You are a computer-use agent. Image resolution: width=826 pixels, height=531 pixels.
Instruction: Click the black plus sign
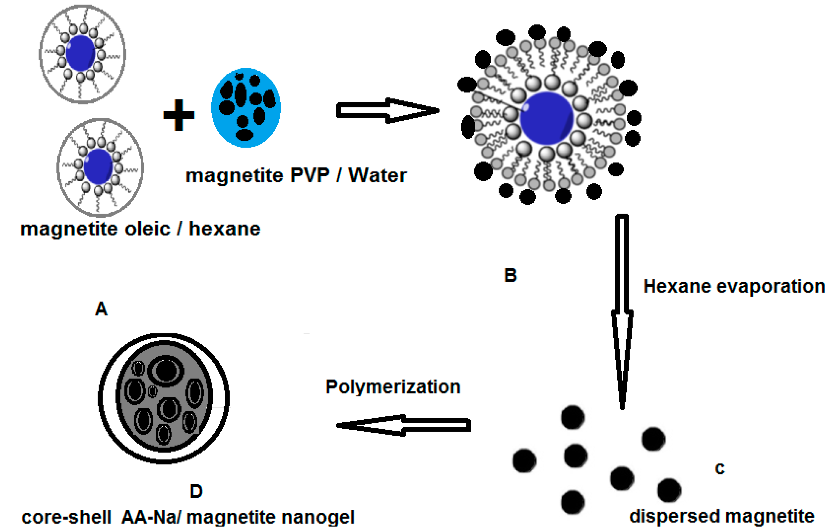[x=179, y=115]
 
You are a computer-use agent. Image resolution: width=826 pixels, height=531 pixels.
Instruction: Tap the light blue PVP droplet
[x=246, y=108]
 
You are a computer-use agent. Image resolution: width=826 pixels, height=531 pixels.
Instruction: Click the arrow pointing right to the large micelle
[x=387, y=111]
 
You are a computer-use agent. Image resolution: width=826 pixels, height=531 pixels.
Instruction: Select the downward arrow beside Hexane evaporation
[x=622, y=310]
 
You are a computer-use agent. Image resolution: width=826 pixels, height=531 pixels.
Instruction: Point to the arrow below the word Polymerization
[x=403, y=425]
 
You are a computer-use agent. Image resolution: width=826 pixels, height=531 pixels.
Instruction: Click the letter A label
[x=101, y=309]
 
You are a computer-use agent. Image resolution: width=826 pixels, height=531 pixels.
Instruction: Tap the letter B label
[x=510, y=275]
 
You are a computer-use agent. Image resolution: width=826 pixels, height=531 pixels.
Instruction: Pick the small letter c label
[x=720, y=468]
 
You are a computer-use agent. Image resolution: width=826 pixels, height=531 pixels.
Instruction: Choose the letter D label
[x=196, y=491]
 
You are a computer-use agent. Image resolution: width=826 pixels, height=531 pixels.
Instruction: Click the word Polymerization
[x=393, y=387]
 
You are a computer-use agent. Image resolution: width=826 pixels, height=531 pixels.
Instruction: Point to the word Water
[x=378, y=175]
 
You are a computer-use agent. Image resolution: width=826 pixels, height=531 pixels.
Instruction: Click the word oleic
[x=147, y=229]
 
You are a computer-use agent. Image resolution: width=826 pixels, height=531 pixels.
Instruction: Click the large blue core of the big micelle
[x=547, y=118]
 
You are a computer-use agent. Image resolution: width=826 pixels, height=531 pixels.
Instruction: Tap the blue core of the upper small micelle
[x=81, y=53]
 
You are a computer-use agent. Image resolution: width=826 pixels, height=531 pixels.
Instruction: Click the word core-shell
[x=66, y=517]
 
